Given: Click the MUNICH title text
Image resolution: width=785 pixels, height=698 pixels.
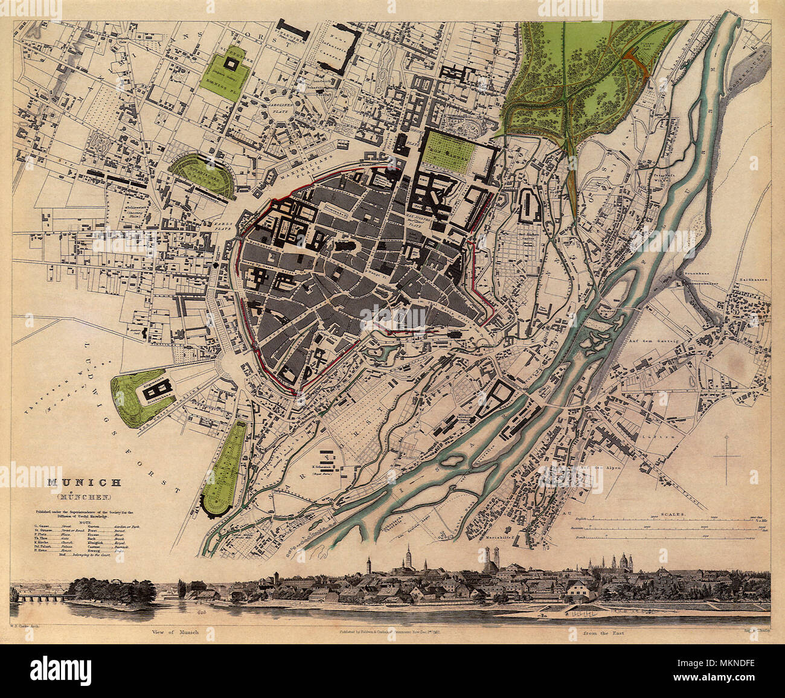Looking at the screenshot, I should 85,482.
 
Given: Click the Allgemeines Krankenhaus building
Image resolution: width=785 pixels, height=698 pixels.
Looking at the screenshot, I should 154,392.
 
